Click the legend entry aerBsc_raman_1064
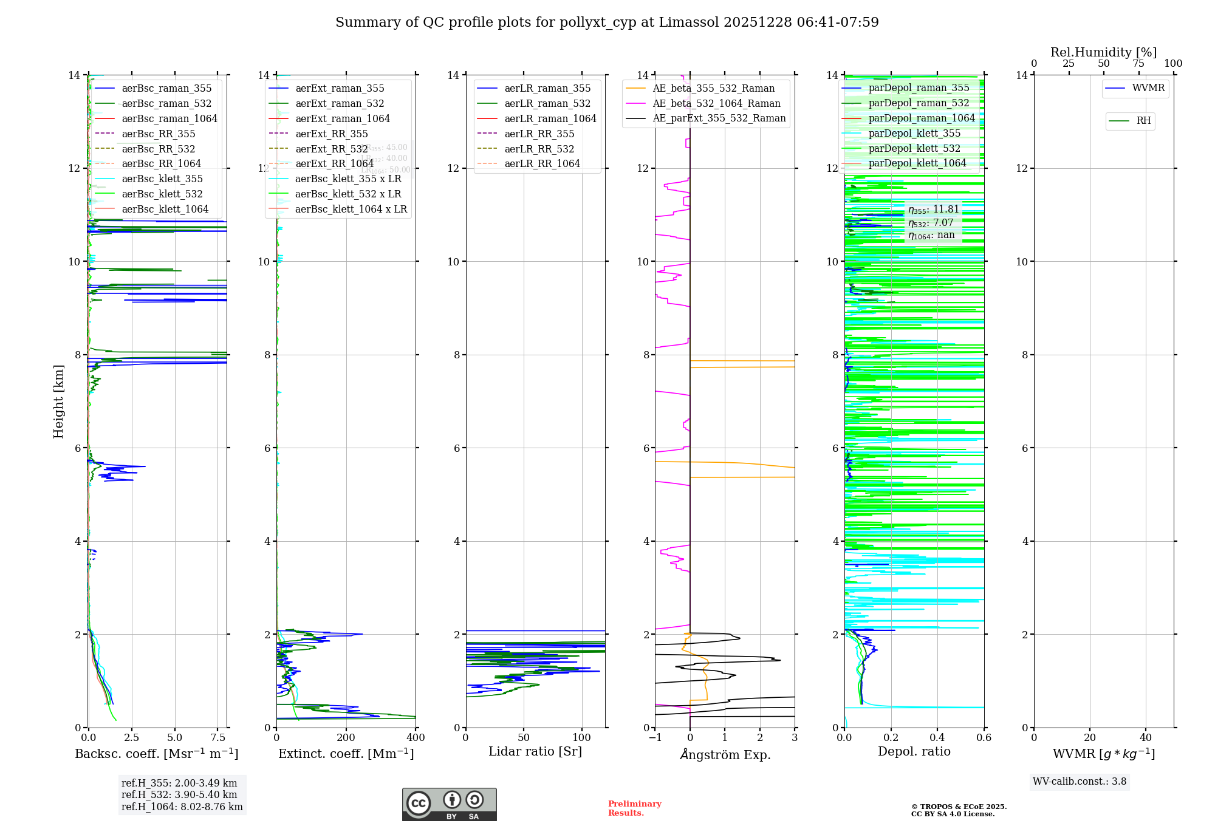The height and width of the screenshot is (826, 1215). (169, 119)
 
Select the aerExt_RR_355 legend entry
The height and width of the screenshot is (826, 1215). (331, 134)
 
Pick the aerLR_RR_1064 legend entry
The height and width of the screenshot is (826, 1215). (542, 164)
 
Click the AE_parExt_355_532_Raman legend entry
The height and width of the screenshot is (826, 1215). (719, 118)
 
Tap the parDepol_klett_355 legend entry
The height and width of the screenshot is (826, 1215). (914, 134)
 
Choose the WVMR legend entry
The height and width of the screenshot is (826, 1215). (1148, 88)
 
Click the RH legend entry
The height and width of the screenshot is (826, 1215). (1143, 121)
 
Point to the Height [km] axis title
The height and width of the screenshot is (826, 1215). (58, 401)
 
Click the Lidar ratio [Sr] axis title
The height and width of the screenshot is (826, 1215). (535, 752)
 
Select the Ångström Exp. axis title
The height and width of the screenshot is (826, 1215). (725, 755)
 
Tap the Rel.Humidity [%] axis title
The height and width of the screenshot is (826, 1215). (1104, 53)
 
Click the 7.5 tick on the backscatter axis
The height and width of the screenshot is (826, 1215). (218, 738)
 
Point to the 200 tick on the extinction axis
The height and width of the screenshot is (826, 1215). (346, 738)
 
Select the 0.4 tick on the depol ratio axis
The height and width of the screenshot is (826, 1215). (937, 738)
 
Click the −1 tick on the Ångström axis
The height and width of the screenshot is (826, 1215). (655, 738)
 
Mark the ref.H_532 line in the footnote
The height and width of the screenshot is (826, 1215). (179, 795)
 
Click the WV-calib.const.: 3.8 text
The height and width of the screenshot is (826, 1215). (1080, 782)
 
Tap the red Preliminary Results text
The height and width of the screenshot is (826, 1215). (634, 808)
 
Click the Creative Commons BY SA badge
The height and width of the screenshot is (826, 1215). (449, 805)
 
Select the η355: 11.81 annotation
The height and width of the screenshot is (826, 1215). (934, 210)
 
